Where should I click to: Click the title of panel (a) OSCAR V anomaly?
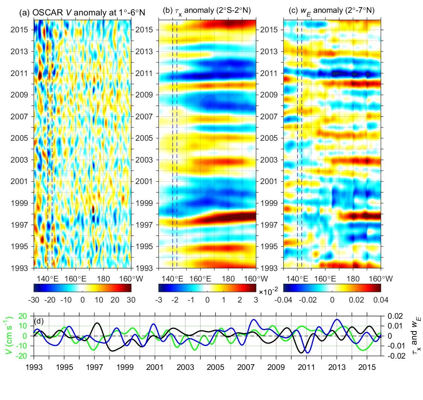(x=82, y=13)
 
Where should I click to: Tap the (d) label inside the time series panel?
(x=39, y=322)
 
